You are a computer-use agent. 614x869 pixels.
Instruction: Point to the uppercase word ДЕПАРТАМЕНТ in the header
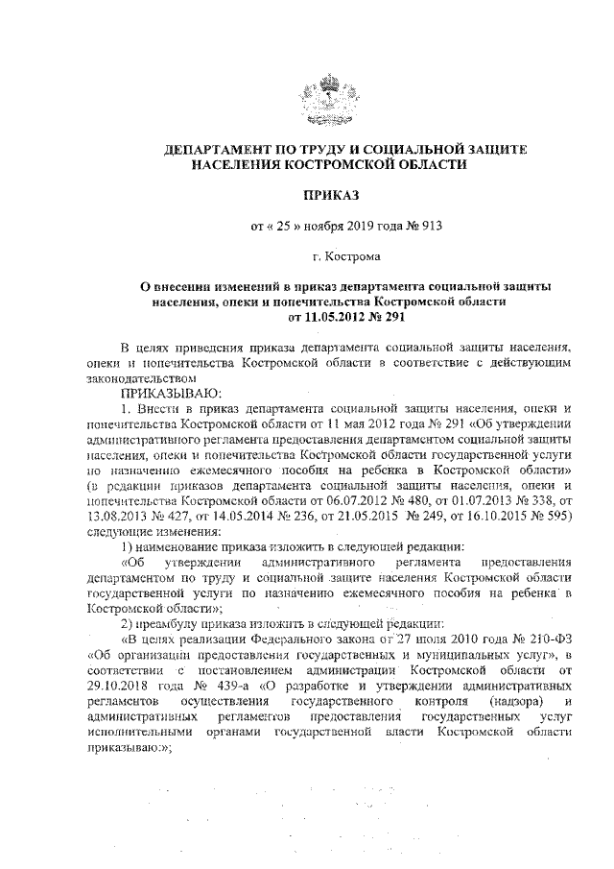pos(215,151)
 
